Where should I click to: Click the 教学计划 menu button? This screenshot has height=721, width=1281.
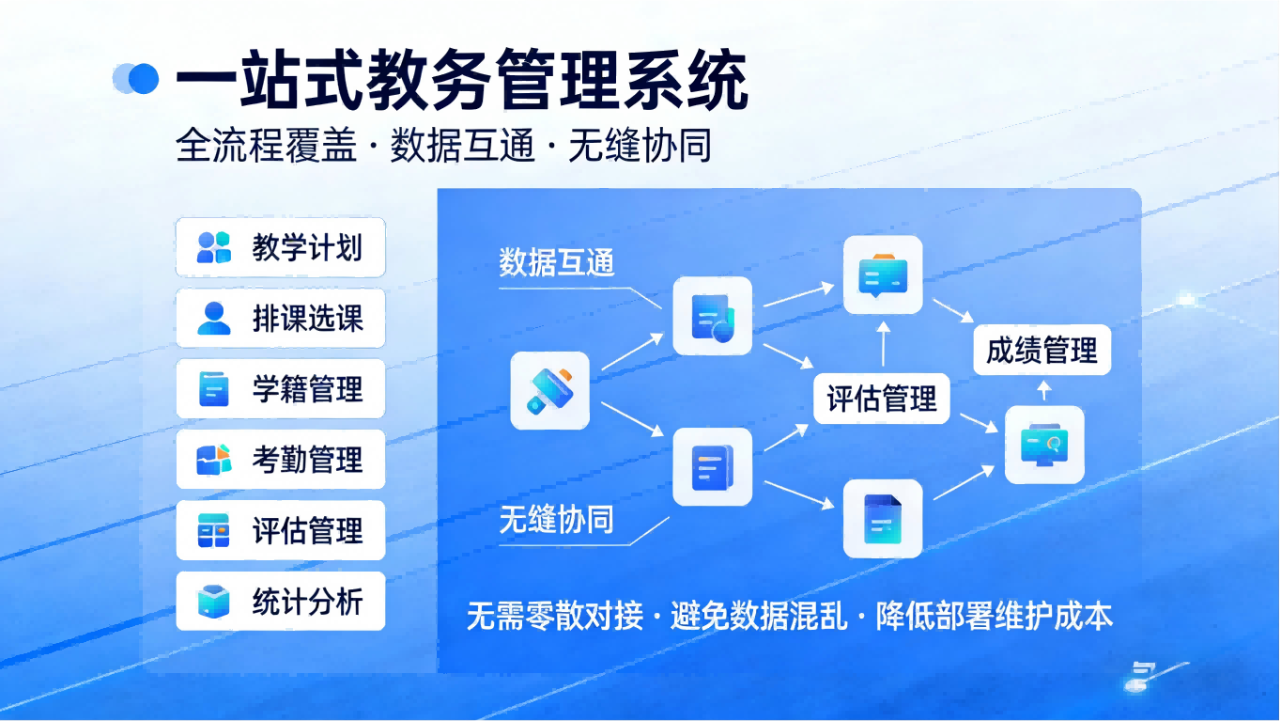click(x=280, y=248)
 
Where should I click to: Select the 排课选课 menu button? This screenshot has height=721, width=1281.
click(x=280, y=319)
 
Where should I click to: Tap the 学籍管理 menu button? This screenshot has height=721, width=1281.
click(x=280, y=389)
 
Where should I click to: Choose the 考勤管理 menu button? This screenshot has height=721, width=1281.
click(x=280, y=460)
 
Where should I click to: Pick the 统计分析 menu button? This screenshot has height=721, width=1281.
click(x=280, y=602)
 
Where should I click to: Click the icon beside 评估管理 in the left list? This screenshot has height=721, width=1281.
click(x=213, y=531)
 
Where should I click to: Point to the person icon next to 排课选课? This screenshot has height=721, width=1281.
click(x=213, y=319)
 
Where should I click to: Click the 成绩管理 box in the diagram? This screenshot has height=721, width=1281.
click(x=1042, y=351)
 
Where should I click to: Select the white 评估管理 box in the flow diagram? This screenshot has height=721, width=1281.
click(x=882, y=399)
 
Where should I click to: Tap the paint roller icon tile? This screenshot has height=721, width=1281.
click(x=549, y=390)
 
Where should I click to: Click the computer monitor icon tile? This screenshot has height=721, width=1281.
click(x=1044, y=445)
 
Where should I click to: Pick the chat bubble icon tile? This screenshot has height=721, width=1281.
click(x=883, y=274)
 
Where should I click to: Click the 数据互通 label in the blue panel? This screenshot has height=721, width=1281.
click(x=557, y=263)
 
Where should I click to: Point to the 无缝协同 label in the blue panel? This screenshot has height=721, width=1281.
click(x=557, y=520)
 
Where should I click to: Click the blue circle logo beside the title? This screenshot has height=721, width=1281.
click(x=137, y=78)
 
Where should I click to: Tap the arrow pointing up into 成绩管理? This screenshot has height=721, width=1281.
click(x=1043, y=389)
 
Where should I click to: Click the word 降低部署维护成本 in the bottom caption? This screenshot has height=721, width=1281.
click(x=994, y=617)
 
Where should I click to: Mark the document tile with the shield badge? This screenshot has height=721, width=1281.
click(x=712, y=316)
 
